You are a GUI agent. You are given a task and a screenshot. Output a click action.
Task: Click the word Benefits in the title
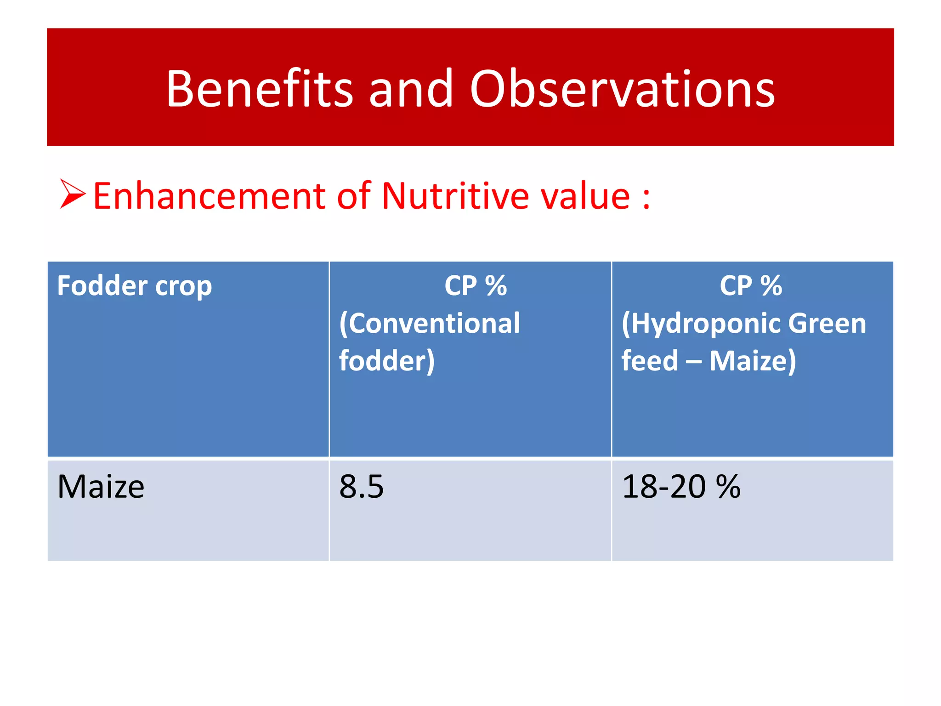(x=259, y=88)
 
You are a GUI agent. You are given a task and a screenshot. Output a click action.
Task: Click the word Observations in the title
(x=622, y=88)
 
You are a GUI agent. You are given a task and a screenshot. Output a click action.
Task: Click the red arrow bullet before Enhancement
(x=72, y=194)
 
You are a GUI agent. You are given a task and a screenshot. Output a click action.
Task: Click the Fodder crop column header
(x=134, y=285)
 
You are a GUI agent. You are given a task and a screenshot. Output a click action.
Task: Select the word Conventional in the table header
(x=430, y=323)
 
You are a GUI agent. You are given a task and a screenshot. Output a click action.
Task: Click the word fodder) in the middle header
(x=386, y=361)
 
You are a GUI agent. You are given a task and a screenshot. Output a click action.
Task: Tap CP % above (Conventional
(x=475, y=285)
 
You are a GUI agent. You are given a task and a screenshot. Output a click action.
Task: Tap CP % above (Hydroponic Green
(x=751, y=285)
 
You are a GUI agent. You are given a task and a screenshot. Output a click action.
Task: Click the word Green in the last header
(x=827, y=323)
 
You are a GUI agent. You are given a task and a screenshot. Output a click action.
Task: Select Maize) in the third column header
(x=753, y=361)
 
